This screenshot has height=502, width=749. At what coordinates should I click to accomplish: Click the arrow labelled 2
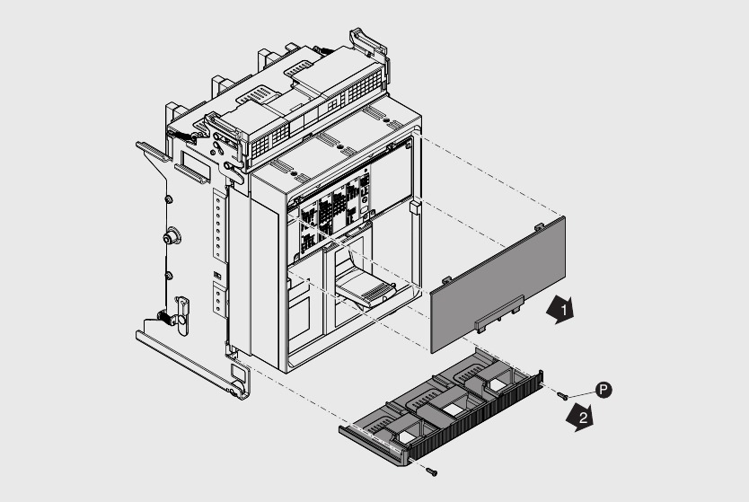[x=581, y=418]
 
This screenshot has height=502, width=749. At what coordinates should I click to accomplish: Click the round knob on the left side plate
[x=168, y=238]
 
